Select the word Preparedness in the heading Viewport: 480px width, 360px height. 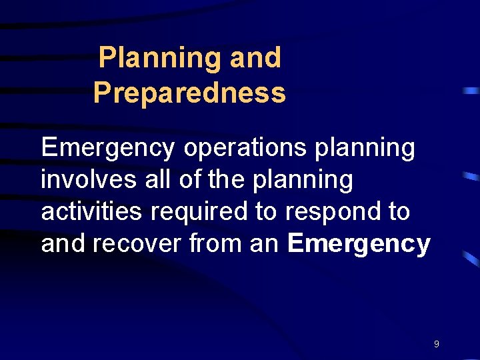[189, 93]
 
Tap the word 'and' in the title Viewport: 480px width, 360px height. [255, 58]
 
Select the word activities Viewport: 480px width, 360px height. [92, 211]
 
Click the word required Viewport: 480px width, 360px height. [200, 212]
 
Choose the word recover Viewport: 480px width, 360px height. [138, 243]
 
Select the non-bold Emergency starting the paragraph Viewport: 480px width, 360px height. [108, 148]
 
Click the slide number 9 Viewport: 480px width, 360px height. [436, 344]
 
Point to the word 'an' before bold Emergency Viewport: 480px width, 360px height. [264, 244]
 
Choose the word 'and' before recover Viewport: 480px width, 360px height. [63, 243]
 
